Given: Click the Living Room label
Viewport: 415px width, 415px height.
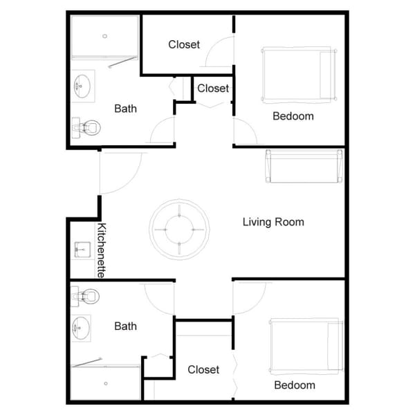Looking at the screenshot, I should [x=273, y=222].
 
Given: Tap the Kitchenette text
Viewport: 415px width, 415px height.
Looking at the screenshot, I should [x=101, y=250].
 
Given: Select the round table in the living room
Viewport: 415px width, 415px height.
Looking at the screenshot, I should [x=179, y=229].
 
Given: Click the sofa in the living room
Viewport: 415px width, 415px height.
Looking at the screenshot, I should [x=304, y=165].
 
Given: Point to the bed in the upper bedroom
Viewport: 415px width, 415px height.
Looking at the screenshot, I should [x=298, y=75].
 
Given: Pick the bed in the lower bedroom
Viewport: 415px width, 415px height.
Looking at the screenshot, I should [x=306, y=345].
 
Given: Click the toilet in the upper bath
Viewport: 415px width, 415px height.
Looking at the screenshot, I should [x=86, y=127].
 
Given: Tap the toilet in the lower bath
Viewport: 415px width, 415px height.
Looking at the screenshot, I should [x=85, y=297].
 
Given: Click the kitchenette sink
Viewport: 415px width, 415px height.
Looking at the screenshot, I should [x=82, y=249].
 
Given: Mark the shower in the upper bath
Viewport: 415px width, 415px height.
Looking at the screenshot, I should [x=105, y=37].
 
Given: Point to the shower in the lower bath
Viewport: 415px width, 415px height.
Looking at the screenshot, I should [x=105, y=382].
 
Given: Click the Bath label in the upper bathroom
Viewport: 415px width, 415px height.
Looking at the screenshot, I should [x=125, y=109].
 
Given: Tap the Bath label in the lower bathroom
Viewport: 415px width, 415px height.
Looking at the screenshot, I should [x=125, y=326].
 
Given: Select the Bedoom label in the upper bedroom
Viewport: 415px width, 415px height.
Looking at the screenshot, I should [x=293, y=116].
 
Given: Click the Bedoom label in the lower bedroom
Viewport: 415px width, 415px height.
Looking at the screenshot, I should [x=295, y=385].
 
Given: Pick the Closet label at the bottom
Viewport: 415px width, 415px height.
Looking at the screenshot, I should [x=203, y=370].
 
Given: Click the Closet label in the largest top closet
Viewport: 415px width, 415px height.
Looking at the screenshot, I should [x=184, y=45].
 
